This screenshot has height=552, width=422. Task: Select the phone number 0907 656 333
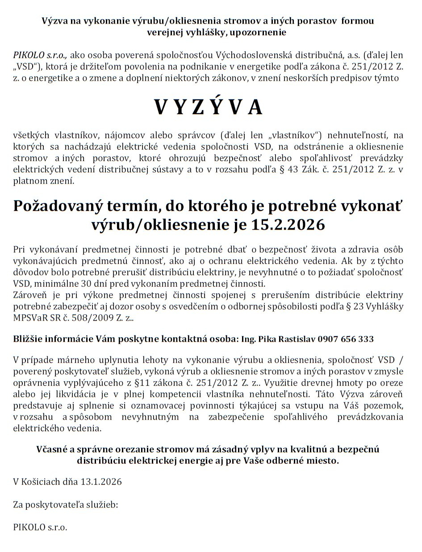point(346,339)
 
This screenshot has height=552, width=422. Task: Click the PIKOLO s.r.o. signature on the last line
point(40,527)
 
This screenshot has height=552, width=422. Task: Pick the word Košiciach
point(42,482)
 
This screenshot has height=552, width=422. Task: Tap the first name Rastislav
point(297,339)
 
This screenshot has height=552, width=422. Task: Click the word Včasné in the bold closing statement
point(52,449)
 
